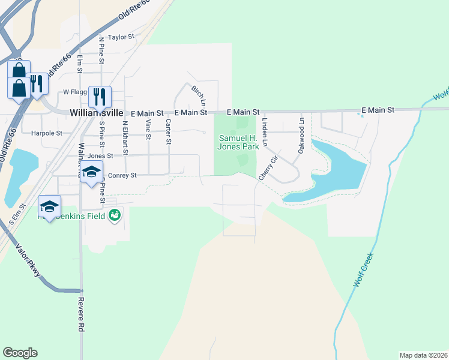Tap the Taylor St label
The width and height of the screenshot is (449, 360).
120,37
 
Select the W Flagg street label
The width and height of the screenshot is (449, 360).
75,92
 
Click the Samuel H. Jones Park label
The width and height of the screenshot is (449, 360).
238,142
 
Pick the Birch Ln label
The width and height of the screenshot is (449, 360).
198,94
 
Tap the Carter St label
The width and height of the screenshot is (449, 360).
169,131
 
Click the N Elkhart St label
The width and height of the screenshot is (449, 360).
125,139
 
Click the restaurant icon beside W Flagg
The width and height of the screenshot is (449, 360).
100,96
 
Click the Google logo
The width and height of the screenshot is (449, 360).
20,353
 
